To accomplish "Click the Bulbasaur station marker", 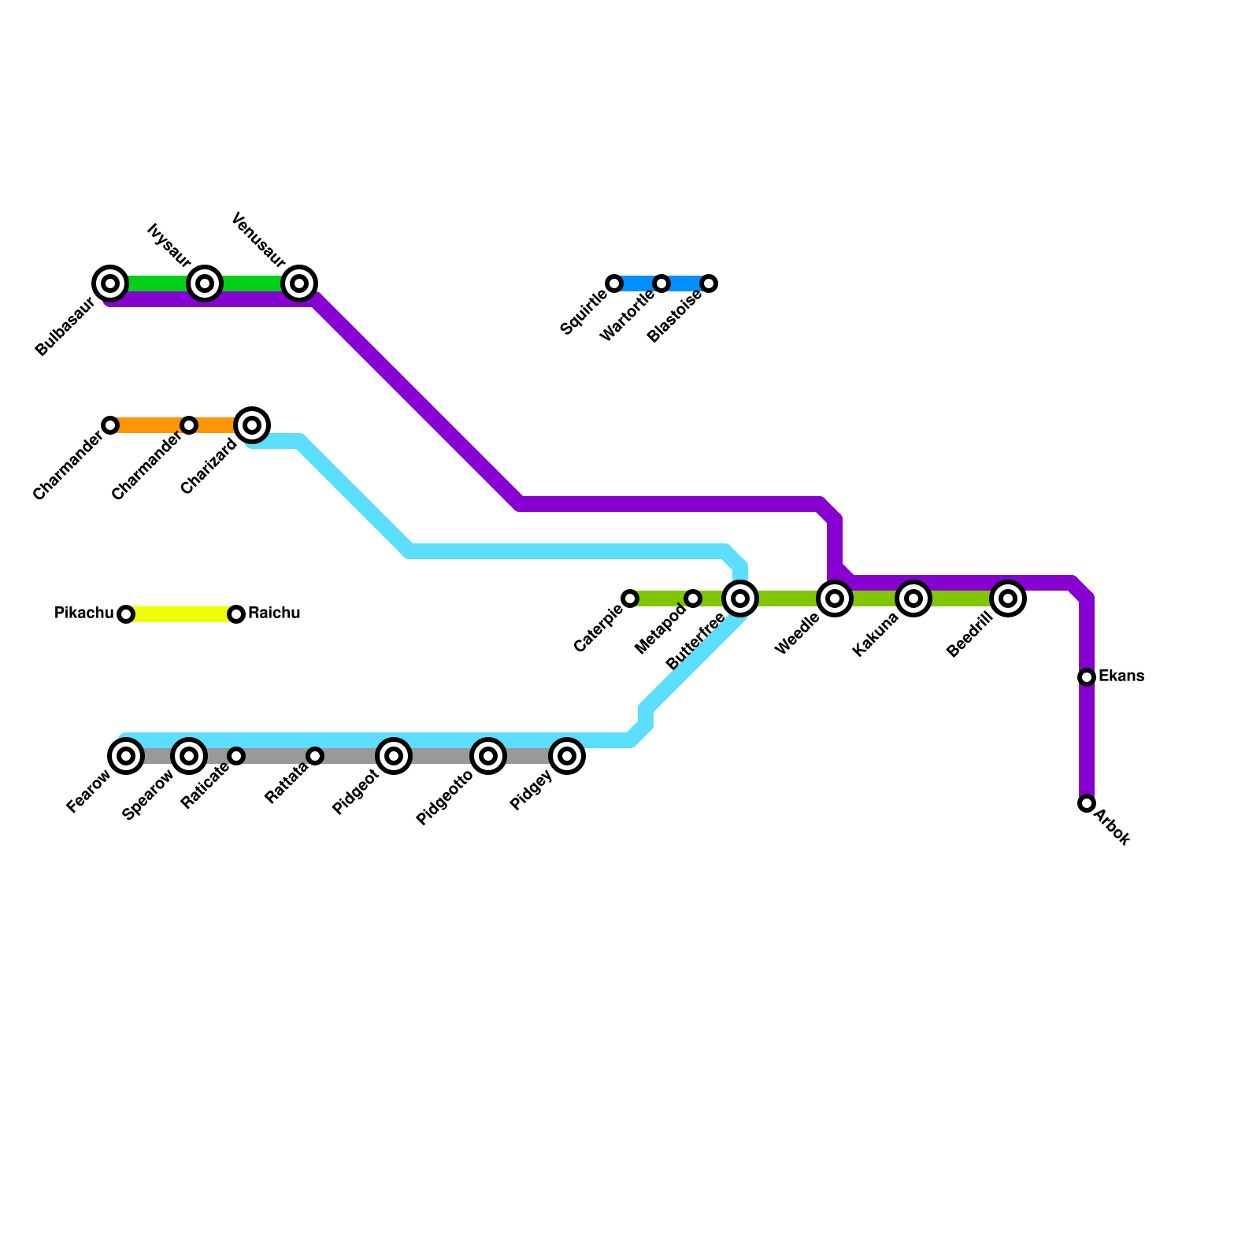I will pos(110,283).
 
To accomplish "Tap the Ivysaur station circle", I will pos(205,283).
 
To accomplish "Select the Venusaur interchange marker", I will pos(299,283).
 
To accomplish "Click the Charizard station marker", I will pos(252,425).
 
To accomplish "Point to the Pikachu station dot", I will pos(126,614).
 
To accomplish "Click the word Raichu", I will pos(274,613).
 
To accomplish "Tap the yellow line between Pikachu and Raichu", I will pos(181,614).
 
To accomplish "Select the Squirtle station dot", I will pos(614,283).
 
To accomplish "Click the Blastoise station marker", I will pos(709,283).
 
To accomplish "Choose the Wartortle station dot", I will pos(661,283).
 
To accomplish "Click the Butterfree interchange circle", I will pos(740,598).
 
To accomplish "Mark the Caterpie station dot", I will pos(630,598).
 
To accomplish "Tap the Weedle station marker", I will pos(835,598).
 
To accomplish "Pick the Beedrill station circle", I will pos(1008,598).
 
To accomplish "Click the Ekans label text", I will pos(1121,676).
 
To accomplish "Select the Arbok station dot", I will pos(1087,803).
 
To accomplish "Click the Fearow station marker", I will pos(126,756).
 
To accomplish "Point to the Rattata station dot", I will pos(315,756).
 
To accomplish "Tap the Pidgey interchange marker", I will pos(567,756).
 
